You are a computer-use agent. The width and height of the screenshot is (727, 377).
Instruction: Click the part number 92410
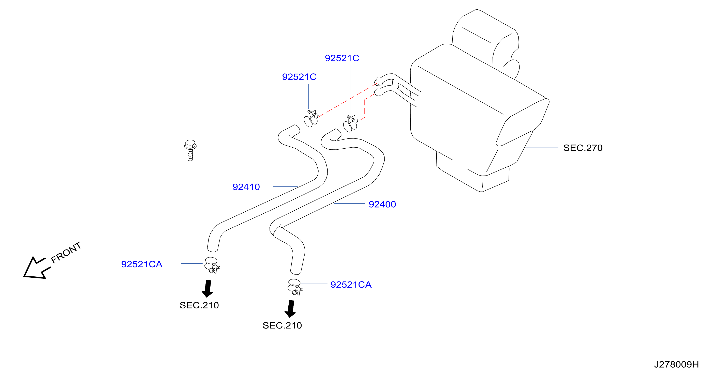tap(246, 187)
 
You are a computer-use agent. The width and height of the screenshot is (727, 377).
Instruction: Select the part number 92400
tap(382, 205)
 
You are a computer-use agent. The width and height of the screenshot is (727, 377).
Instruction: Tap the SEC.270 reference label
tap(583, 148)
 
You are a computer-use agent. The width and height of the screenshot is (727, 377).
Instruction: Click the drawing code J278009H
tap(676, 364)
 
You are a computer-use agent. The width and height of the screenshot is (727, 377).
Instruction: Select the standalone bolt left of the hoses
tap(190, 150)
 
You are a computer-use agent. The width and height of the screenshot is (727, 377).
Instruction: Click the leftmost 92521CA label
tap(142, 264)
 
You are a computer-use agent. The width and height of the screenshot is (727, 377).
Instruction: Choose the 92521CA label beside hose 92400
tap(351, 285)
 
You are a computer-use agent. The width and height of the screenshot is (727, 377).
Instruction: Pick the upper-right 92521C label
tap(342, 58)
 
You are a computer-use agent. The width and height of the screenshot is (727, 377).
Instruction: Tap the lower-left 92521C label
tap(299, 77)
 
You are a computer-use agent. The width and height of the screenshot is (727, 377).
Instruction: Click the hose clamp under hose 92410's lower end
tap(212, 265)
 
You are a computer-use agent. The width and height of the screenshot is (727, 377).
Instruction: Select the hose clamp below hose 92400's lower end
tap(295, 287)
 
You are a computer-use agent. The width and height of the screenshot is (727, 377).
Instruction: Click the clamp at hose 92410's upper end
tap(311, 118)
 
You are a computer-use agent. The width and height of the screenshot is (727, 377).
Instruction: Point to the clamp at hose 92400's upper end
tap(350, 123)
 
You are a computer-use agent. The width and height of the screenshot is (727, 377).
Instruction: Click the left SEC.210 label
tap(199, 305)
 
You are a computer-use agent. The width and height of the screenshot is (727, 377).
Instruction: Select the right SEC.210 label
tap(282, 325)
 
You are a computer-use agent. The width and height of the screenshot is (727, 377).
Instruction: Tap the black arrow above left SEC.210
tap(207, 288)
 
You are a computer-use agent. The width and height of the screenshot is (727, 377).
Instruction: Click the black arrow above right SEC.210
tap(290, 309)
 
